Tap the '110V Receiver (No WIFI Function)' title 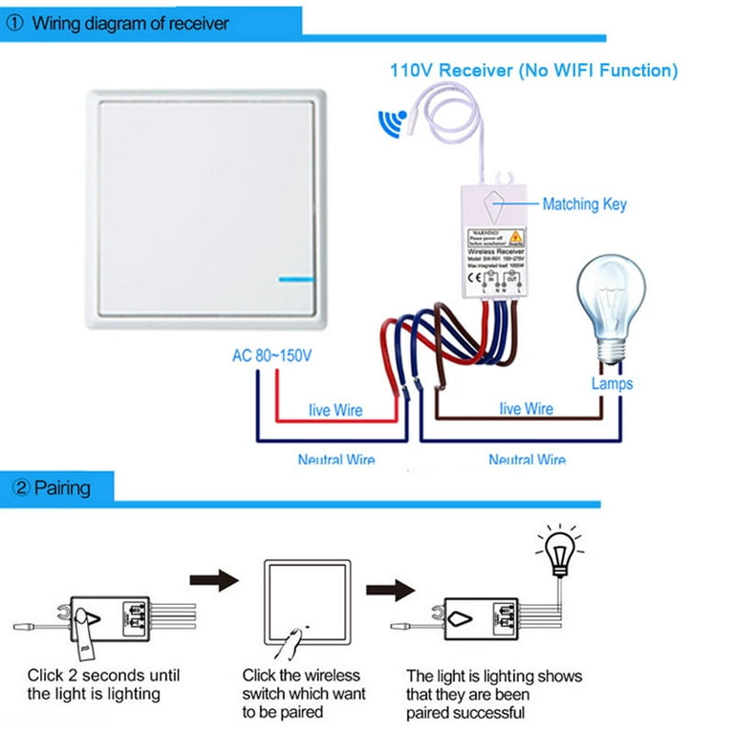click(x=533, y=70)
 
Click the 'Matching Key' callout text click(x=584, y=204)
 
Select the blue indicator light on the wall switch click(x=299, y=280)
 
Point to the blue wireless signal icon click(x=391, y=122)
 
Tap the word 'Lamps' click(x=611, y=383)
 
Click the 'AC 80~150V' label click(x=272, y=356)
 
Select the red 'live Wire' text click(x=335, y=410)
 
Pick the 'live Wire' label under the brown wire click(x=526, y=409)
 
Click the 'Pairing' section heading click(x=62, y=488)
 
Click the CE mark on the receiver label click(x=474, y=278)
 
